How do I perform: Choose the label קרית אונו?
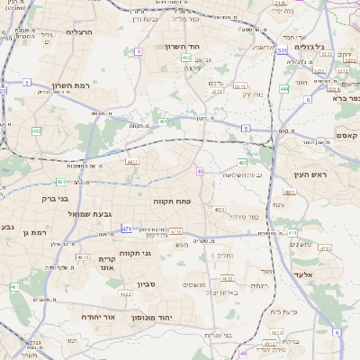pos(106,263)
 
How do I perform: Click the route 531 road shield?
pos(282,51)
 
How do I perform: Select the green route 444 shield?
pos(283,89)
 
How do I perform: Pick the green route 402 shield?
pos(185,57)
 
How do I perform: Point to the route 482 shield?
pos(37,131)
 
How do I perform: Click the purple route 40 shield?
pos(201,171)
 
